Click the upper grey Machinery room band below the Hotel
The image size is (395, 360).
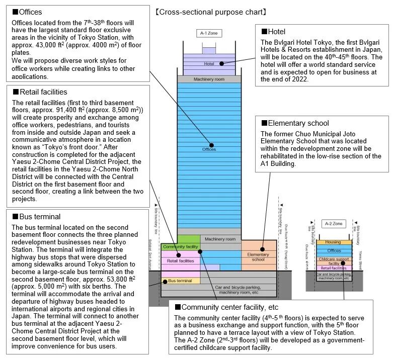(208, 79)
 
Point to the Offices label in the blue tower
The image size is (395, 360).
(208, 149)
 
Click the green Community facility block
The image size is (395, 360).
(181, 246)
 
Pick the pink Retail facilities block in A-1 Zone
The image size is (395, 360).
(180, 261)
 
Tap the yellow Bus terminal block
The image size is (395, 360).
(180, 280)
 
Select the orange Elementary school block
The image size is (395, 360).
(258, 256)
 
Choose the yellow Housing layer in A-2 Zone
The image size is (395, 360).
(333, 242)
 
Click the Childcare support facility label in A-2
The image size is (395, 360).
(334, 261)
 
